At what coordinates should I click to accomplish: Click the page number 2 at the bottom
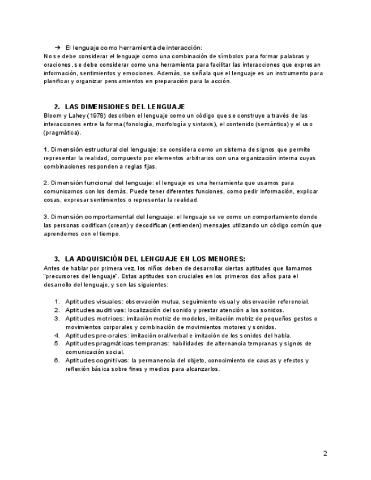click(x=325, y=453)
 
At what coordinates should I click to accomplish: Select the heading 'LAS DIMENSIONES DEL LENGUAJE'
click(x=125, y=107)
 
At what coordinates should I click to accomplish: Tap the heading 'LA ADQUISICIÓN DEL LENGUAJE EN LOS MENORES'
click(x=155, y=259)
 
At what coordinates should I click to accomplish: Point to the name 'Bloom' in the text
click(x=52, y=115)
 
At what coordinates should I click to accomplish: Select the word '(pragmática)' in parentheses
click(x=62, y=132)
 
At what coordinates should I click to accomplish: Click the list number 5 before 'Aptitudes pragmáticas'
click(x=57, y=344)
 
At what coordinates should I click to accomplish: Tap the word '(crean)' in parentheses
click(x=117, y=225)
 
